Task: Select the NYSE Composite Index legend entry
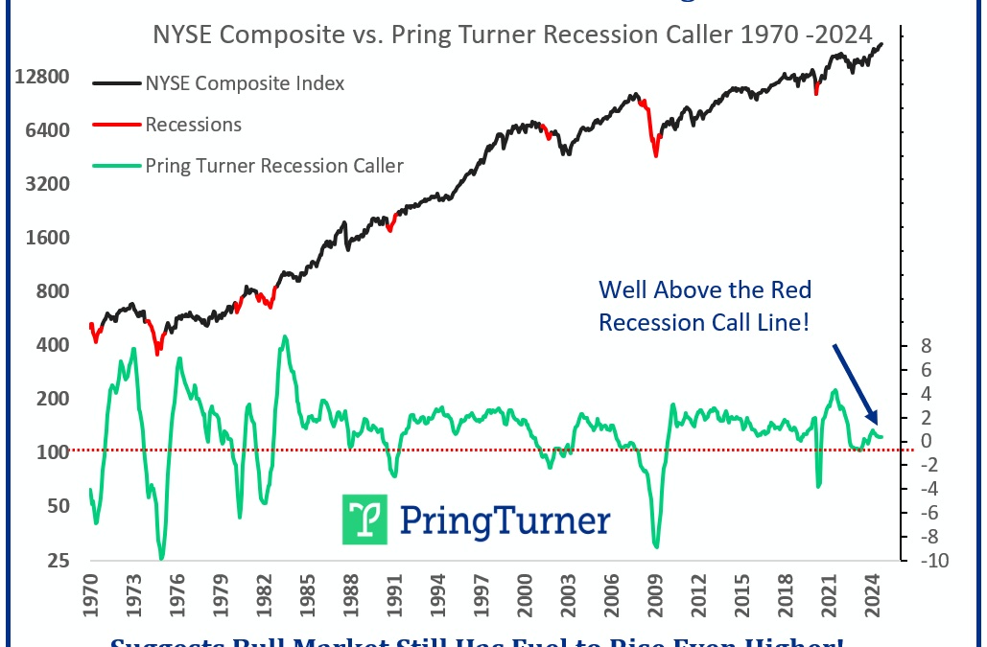[x=245, y=83]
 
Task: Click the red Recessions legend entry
[x=193, y=125]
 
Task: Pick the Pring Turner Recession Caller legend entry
[x=273, y=166]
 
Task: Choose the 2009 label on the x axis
[x=657, y=597]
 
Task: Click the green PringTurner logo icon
[x=364, y=520]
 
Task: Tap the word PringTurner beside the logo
[x=503, y=520]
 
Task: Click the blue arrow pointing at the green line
[x=855, y=383]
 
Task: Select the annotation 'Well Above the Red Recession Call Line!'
[x=704, y=306]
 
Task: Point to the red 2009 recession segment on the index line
[x=654, y=129]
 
